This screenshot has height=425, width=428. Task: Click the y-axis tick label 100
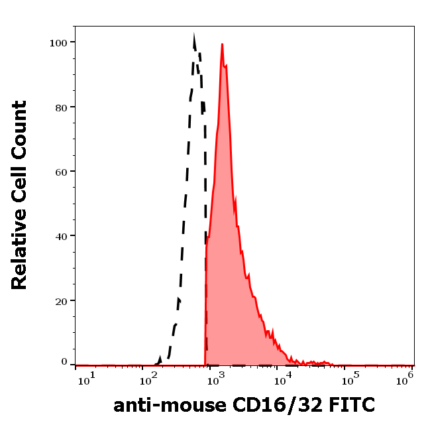[59, 42]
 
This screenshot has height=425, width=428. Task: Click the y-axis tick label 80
[61, 107]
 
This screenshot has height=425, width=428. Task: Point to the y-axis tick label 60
[61, 172]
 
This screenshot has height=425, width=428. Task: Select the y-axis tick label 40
[61, 236]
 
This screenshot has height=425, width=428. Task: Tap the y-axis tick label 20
[61, 300]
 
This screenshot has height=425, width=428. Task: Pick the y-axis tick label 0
[64, 362]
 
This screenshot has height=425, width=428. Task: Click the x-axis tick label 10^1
[86, 379]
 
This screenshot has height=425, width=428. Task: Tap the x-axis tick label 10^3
[216, 379]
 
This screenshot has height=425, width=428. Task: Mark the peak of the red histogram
[222, 44]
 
